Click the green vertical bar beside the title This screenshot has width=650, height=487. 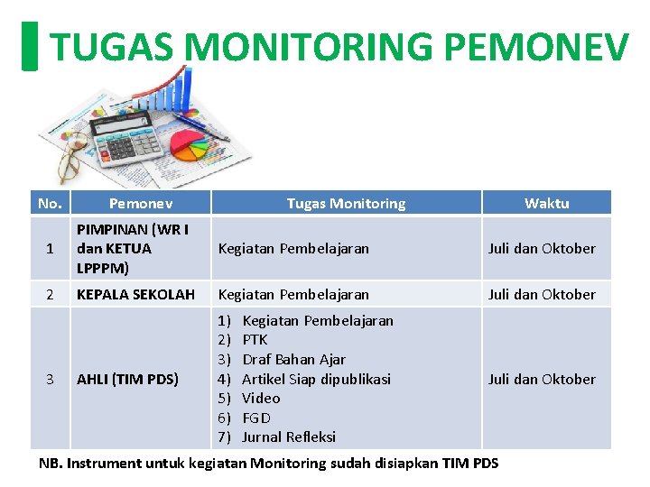(30, 47)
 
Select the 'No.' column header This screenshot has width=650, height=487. (50, 203)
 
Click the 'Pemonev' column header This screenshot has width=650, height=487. (141, 204)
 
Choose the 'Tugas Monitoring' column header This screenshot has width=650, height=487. (346, 204)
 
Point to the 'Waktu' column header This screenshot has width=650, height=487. (546, 204)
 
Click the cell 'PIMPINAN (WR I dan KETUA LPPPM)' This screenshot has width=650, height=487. (133, 248)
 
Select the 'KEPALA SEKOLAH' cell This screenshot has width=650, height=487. (135, 294)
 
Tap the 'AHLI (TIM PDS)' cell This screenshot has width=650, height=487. (127, 379)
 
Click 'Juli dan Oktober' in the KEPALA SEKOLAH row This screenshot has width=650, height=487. (542, 294)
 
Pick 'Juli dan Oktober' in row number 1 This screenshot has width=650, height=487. (542, 248)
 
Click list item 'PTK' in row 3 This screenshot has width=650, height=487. (255, 340)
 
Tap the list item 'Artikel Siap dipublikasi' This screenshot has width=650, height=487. (316, 379)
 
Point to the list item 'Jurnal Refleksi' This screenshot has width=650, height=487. (289, 437)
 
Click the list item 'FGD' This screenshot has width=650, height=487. (256, 418)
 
